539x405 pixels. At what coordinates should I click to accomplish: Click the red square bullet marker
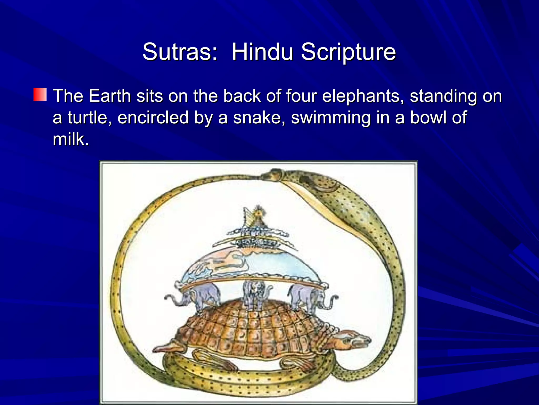pos(40,95)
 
